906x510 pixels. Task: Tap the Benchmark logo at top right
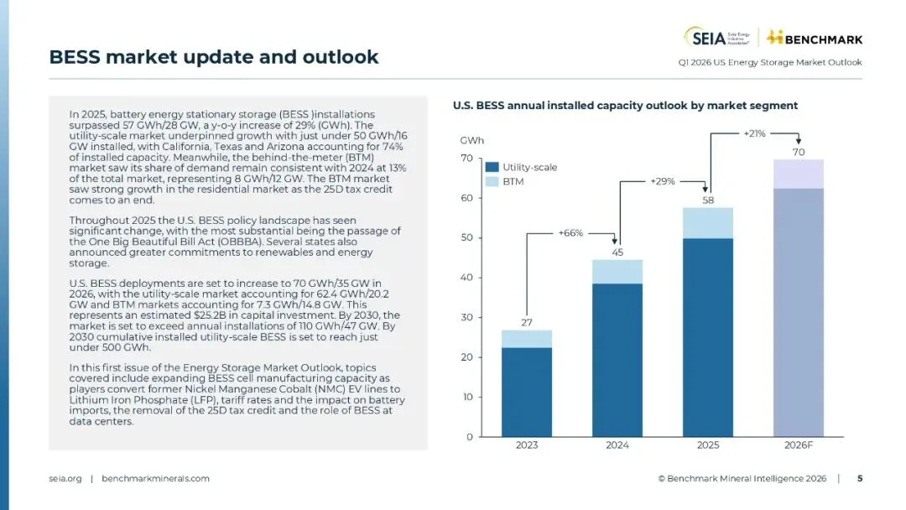(x=815, y=38)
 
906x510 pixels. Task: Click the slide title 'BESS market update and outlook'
(x=214, y=57)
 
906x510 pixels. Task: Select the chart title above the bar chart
(x=624, y=106)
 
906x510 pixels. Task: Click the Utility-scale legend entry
(x=529, y=167)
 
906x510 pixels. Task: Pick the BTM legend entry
(x=513, y=181)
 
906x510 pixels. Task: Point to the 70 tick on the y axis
(x=466, y=159)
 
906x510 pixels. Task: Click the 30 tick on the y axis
(x=466, y=318)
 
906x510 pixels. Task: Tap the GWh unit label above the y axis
(x=471, y=140)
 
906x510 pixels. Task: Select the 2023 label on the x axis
(x=527, y=445)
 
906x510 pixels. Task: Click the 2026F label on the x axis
(x=799, y=445)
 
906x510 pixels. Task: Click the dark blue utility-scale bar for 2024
(x=617, y=361)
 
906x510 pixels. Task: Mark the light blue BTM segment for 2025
(x=708, y=223)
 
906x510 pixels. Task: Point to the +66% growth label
(x=570, y=232)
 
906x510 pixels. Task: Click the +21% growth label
(x=755, y=133)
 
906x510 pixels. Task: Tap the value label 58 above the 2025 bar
(x=708, y=200)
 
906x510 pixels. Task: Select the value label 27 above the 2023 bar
(x=527, y=322)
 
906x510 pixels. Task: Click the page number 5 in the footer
(x=859, y=478)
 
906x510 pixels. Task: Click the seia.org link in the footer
(x=65, y=478)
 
